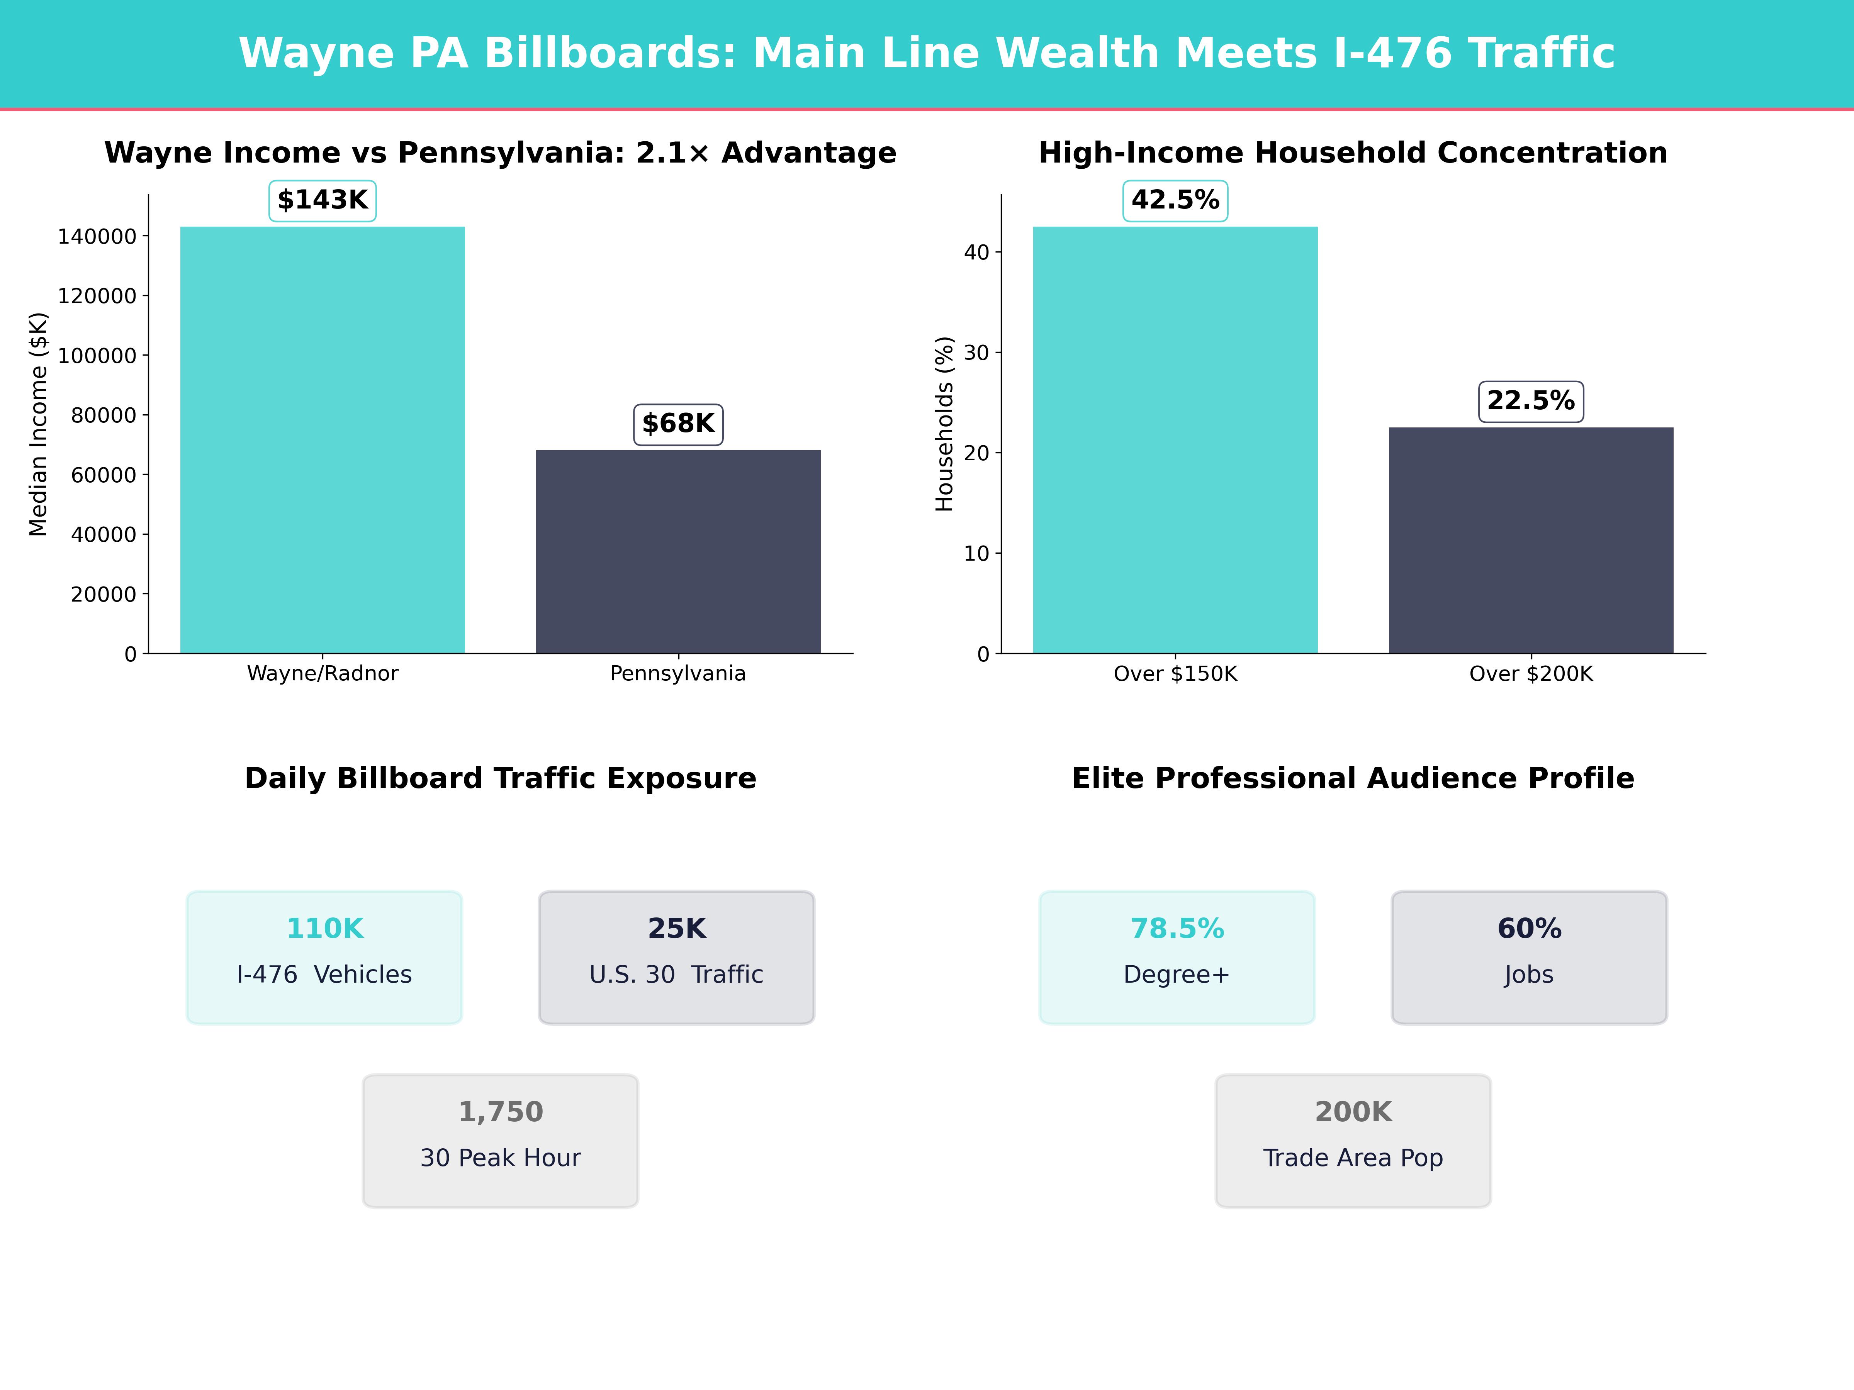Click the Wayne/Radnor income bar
323,440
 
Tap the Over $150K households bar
1175,440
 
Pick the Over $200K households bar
1530,541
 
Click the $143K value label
323,200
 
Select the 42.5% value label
1175,200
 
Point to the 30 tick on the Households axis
976,353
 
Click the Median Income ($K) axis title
39,424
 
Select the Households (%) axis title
945,424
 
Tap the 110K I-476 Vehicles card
324,957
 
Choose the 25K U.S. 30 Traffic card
676,957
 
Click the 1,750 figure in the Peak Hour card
500,1112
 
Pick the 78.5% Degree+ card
1177,957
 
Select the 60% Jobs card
1529,957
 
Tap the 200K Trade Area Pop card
1353,1140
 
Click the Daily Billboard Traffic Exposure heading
500,778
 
